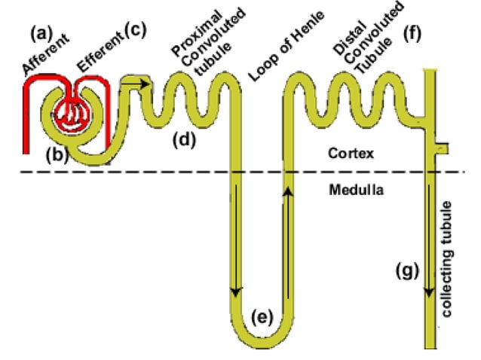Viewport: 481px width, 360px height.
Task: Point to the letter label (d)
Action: [x=185, y=140]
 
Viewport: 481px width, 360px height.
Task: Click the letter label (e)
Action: [x=262, y=316]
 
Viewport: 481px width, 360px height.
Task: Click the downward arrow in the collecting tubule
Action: [x=430, y=241]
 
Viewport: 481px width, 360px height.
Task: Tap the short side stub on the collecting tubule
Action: [x=443, y=146]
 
